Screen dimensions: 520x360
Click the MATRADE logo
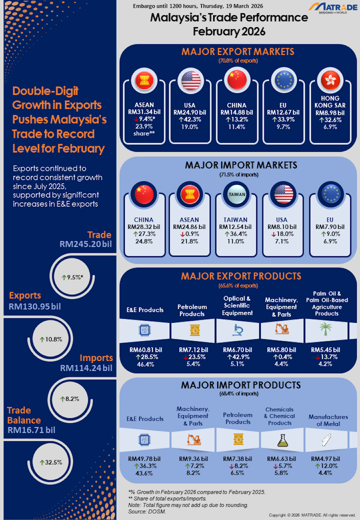coord(334,8)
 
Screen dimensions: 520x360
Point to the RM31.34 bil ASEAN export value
coord(144,112)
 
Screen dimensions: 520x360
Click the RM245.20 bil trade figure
coord(86,244)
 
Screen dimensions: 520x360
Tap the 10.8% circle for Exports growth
coord(51,339)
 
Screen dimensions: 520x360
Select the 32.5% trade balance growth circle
coord(51,462)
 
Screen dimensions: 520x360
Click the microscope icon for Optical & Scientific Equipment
coord(237,329)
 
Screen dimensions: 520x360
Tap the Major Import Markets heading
coord(239,165)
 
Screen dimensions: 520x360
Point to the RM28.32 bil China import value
coord(144,227)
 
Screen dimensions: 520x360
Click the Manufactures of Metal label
coord(328,420)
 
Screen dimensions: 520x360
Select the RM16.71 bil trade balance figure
coord(31,430)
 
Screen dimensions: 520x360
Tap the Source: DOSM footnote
coord(147,511)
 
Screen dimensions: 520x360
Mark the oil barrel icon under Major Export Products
coord(192,330)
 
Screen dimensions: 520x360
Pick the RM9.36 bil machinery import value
coord(193,459)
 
